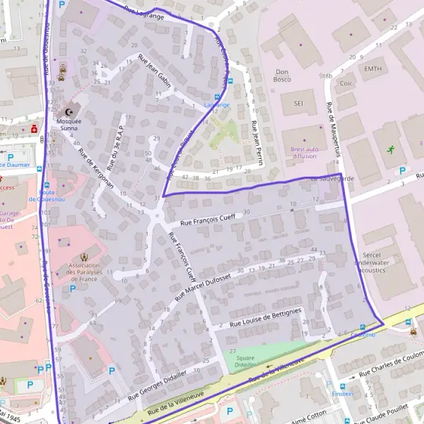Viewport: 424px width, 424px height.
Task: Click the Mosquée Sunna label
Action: click(69, 125)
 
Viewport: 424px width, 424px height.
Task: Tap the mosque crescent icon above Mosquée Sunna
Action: click(69, 112)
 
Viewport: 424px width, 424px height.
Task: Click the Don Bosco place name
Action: click(283, 75)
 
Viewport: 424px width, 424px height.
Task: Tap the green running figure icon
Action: click(391, 149)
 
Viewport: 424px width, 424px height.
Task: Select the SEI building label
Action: click(298, 102)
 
